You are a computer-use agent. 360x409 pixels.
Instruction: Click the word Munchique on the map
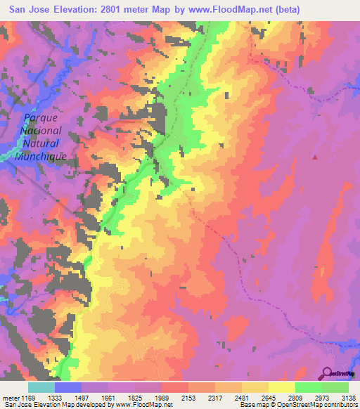pyautogui.click(x=41, y=156)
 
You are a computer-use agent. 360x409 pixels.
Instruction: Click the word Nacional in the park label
pyautogui.click(x=41, y=131)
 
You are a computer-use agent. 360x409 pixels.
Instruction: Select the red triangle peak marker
pyautogui.click(x=315, y=157)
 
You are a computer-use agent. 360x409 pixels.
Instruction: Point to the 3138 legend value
pyautogui.click(x=347, y=397)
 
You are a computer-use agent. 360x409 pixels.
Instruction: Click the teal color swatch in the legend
pyautogui.click(x=41, y=387)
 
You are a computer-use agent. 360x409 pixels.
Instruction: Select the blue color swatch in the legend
pyautogui.click(x=68, y=387)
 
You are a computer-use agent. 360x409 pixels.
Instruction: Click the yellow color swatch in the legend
pyautogui.click(x=282, y=387)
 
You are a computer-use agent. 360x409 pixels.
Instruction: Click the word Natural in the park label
pyautogui.click(x=41, y=143)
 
